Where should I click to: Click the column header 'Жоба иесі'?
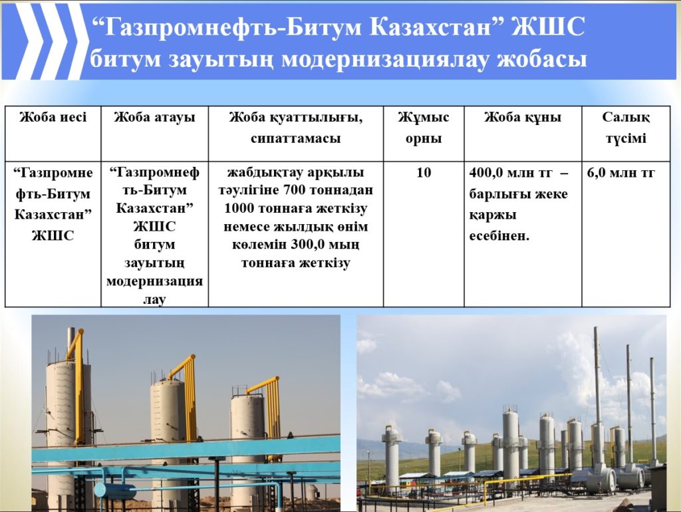pyautogui.click(x=53, y=117)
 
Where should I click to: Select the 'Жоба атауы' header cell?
pyautogui.click(x=154, y=117)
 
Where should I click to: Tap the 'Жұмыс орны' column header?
pyautogui.click(x=424, y=128)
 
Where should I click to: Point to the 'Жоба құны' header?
pyautogui.click(x=523, y=117)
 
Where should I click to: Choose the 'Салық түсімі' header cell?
pyautogui.click(x=626, y=128)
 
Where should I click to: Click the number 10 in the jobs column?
pyautogui.click(x=424, y=172)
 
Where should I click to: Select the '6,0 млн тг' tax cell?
pyautogui.click(x=620, y=173)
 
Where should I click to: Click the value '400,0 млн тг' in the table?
pyautogui.click(x=511, y=173)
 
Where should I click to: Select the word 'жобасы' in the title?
pyautogui.click(x=542, y=59)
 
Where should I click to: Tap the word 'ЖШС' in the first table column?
pyautogui.click(x=53, y=236)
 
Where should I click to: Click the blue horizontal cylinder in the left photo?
pyautogui.click(x=114, y=490)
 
